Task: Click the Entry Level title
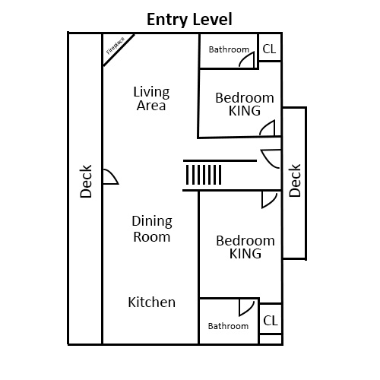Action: click(189, 19)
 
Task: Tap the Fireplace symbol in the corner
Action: click(118, 49)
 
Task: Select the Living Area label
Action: click(152, 99)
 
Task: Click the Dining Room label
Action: click(152, 229)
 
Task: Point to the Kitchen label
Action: click(152, 302)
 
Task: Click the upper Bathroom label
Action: click(229, 50)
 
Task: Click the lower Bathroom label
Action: click(228, 326)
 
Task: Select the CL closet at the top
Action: click(270, 49)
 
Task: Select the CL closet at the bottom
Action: click(270, 321)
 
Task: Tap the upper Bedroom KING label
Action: click(245, 104)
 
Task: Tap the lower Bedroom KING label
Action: click(245, 247)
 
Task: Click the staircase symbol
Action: click(203, 175)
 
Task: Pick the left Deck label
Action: click(86, 182)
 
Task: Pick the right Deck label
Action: click(296, 181)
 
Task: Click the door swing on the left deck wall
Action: click(109, 177)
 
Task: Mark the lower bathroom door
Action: click(245, 307)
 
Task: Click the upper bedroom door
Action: click(267, 130)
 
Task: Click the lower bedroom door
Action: click(268, 199)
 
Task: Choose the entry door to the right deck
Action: click(271, 160)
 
